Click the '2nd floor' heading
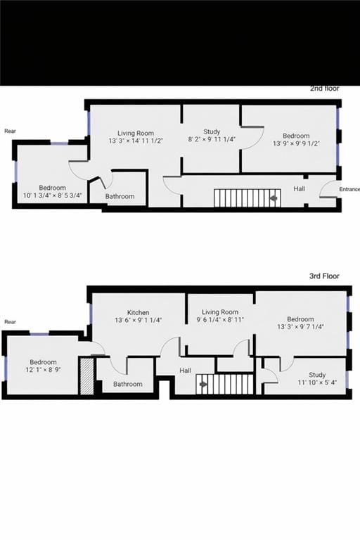click(325, 89)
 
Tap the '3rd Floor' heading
click(324, 276)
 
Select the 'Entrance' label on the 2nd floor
click(349, 189)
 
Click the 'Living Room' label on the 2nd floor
click(136, 133)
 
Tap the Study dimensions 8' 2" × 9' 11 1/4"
click(212, 140)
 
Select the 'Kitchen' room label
click(138, 312)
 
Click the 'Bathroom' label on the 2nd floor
click(120, 196)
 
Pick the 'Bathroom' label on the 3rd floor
click(128, 384)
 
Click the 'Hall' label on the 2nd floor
click(300, 188)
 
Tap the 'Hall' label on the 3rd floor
click(185, 371)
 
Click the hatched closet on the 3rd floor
click(86, 377)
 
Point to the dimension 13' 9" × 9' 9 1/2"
click(296, 144)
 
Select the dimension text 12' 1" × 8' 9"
click(43, 369)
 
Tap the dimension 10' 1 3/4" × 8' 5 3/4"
click(53, 196)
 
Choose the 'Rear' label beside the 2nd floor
click(10, 131)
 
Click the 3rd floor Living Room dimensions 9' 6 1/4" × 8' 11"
click(220, 320)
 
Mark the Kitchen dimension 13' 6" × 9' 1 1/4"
click(138, 321)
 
